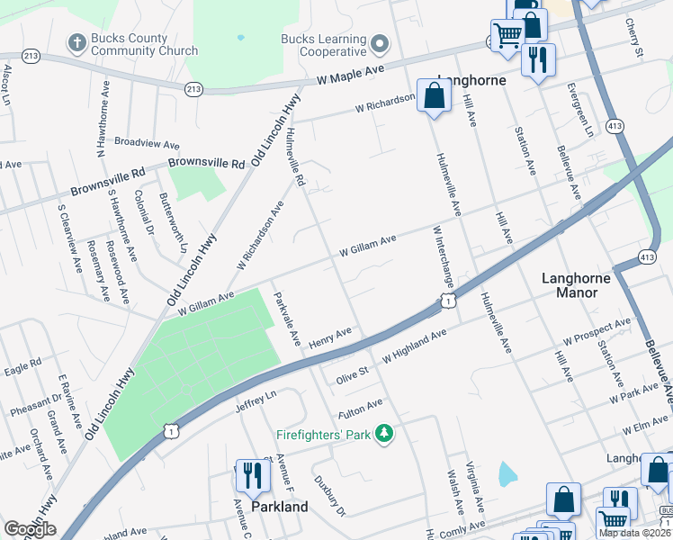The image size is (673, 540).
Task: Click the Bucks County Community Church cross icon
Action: pos(77,42)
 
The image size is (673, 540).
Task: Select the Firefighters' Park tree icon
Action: pos(384,434)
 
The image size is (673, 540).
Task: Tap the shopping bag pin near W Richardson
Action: pos(434,95)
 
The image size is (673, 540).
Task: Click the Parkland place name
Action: pos(279,506)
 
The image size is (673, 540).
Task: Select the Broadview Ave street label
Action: pos(148,144)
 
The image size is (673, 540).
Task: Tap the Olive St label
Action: pos(352,371)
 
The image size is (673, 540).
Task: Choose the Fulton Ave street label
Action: pos(361,409)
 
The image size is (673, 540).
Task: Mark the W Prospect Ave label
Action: pos(597,332)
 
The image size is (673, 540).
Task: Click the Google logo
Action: pos(30,529)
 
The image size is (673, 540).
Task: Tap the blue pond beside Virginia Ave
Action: pos(507,472)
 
